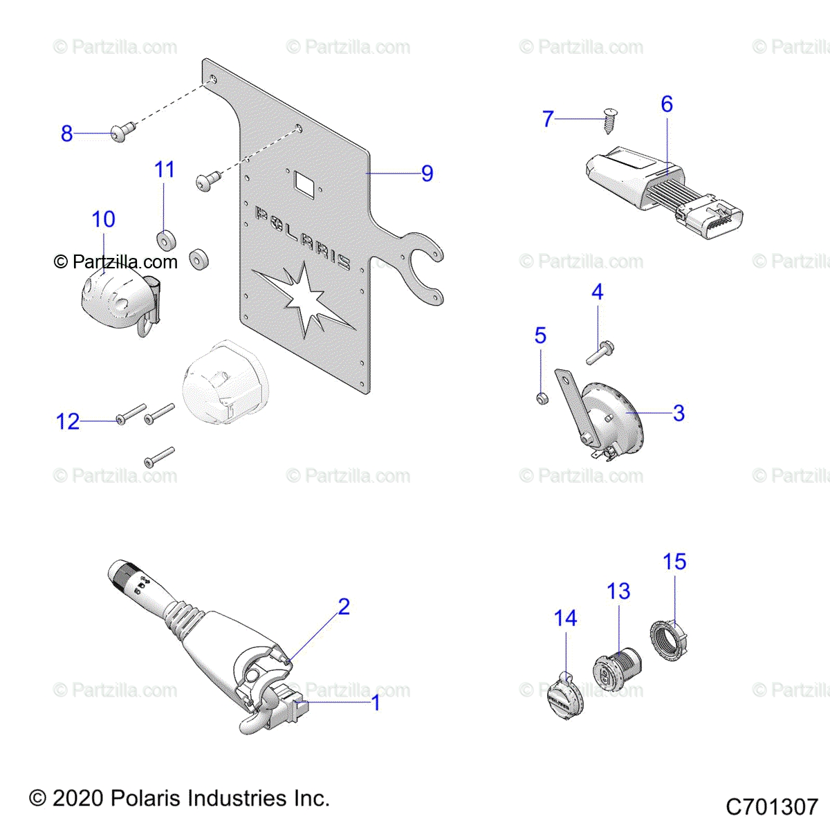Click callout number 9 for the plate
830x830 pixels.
pyautogui.click(x=427, y=174)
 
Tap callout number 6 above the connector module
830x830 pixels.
pyautogui.click(x=667, y=104)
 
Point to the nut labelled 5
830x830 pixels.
pyautogui.click(x=543, y=398)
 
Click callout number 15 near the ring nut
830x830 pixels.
pyautogui.click(x=674, y=562)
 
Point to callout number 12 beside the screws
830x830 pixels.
pyautogui.click(x=68, y=421)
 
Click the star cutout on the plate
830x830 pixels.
pyautogui.click(x=304, y=301)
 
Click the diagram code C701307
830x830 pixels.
pyautogui.click(x=772, y=806)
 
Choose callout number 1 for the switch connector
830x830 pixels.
pyautogui.click(x=376, y=703)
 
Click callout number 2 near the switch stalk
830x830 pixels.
pyautogui.click(x=344, y=607)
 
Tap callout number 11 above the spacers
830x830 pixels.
pyautogui.click(x=165, y=169)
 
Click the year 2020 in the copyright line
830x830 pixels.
pyautogui.click(x=76, y=798)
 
